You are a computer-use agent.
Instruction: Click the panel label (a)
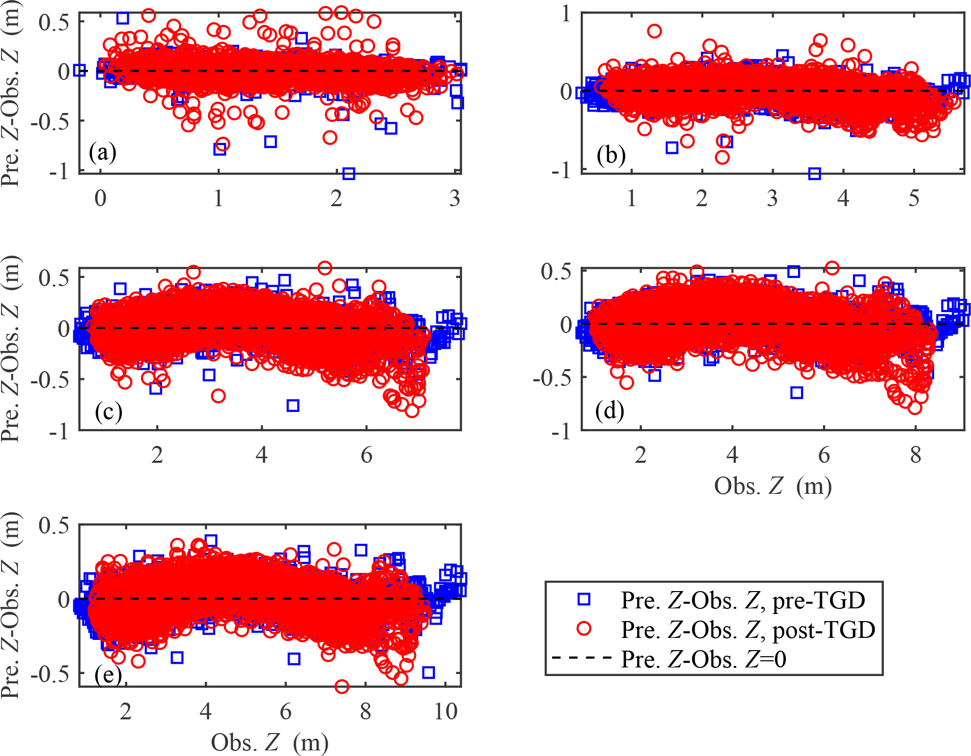coord(102,152)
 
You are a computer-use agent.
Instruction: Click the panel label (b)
coord(611,155)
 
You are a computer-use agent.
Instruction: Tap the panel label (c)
coord(108,411)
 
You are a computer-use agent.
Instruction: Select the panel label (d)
coord(610,410)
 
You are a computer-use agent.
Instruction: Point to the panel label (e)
coord(108,676)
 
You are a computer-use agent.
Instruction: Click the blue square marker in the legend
coord(584,600)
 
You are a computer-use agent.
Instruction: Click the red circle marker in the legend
coord(584,629)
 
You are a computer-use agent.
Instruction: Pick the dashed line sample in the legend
coord(581,658)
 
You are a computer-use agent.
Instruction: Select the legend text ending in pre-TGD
coord(742,600)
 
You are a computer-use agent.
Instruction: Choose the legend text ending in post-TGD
coord(748,630)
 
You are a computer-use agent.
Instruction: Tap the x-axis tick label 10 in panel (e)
coord(446,711)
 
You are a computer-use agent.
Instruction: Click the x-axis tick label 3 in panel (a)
coord(455,198)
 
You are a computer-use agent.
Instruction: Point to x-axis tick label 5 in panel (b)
coord(914,198)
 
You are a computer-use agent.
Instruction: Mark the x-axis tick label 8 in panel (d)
coord(916,455)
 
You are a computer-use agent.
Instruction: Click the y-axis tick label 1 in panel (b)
coord(566,14)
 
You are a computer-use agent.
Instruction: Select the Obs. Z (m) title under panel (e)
coord(270,743)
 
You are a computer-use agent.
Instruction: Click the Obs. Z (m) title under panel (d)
coord(773,486)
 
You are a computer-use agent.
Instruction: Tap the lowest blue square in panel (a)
coord(349,174)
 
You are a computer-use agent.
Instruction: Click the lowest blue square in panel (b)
coord(814,174)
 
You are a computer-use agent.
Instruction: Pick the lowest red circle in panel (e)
coord(341,686)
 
